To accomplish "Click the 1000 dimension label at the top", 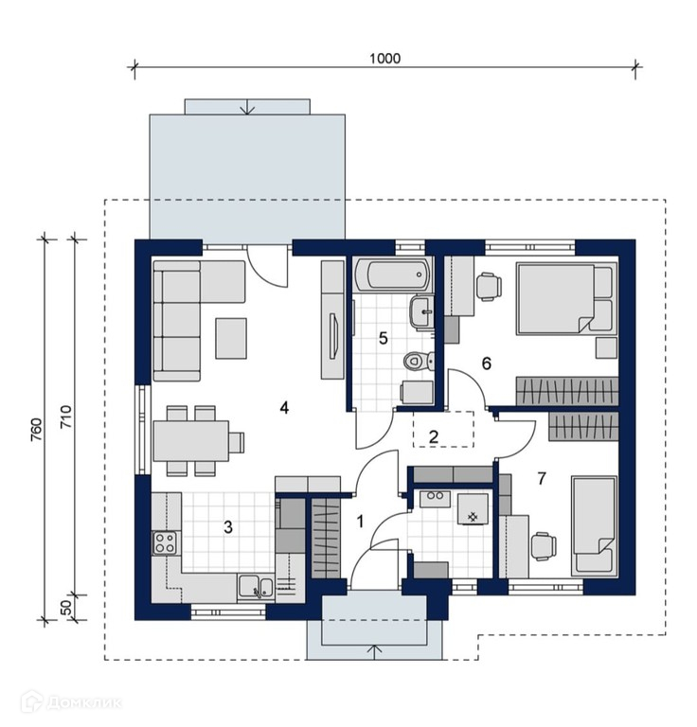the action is [x=384, y=59].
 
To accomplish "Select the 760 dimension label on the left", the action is [x=37, y=430].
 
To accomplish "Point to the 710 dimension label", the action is [x=67, y=417].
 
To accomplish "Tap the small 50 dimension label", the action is [x=67, y=608].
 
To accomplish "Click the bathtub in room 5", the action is [x=392, y=275].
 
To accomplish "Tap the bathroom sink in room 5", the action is [x=422, y=312].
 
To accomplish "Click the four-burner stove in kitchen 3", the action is [x=165, y=542].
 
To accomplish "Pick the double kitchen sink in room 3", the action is [x=255, y=587].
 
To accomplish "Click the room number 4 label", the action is [x=284, y=408].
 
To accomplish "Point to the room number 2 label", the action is [x=434, y=436].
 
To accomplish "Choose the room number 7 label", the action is [x=542, y=478].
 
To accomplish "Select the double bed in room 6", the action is [x=566, y=298].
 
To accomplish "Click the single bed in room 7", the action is [x=594, y=524].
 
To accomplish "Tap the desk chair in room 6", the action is [x=490, y=287].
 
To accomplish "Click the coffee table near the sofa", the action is [x=231, y=338].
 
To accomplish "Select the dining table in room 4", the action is [x=191, y=440].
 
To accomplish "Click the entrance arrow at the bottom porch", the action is [x=374, y=651].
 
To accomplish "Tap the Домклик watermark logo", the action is [x=73, y=702].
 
